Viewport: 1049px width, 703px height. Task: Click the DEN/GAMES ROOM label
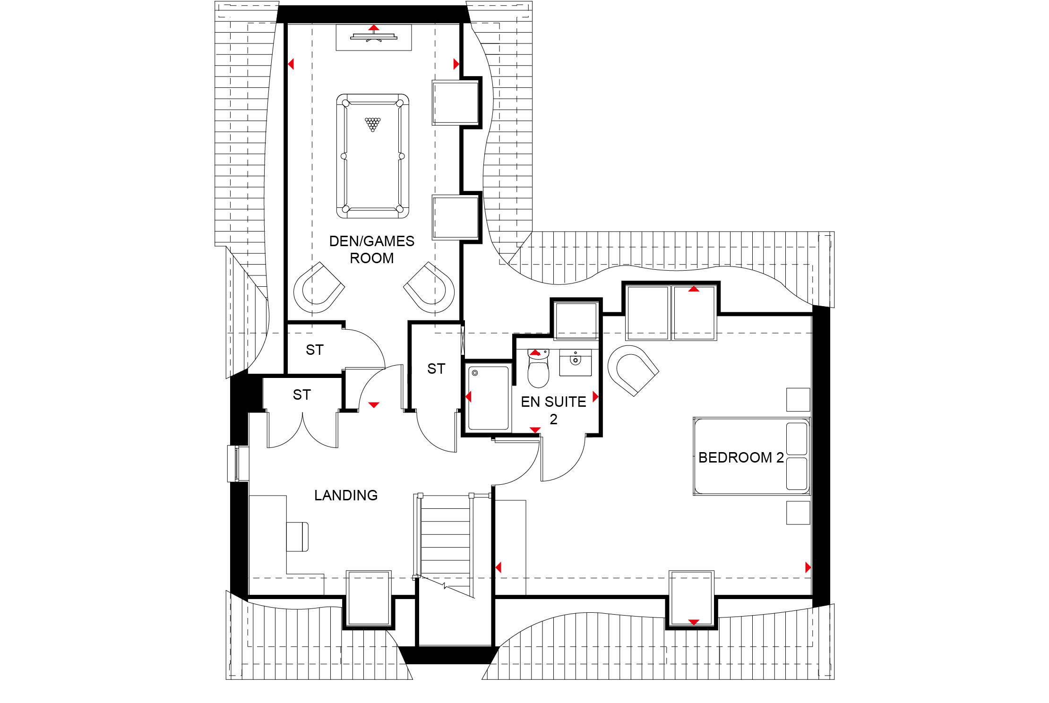pos(372,249)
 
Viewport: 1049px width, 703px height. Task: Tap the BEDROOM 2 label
pos(741,457)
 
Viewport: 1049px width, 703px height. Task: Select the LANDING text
pos(346,495)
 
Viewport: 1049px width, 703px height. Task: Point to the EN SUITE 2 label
pos(553,410)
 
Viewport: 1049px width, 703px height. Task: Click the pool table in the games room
pos(373,156)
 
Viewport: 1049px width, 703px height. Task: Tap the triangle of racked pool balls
pos(373,124)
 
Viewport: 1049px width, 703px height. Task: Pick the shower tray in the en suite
pos(489,397)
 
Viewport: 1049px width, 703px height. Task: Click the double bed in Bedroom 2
pos(752,456)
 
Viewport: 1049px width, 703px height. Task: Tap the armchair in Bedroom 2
pos(632,370)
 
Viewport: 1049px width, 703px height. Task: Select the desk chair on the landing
pos(298,537)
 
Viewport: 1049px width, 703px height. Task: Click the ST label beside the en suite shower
pos(436,369)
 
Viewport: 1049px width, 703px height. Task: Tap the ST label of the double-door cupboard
pos(301,394)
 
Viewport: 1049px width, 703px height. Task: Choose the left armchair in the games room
pos(319,287)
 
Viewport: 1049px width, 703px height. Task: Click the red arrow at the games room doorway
pos(374,405)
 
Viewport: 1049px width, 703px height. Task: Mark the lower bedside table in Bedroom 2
pos(798,513)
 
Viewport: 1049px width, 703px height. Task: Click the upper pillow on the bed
pos(797,438)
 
